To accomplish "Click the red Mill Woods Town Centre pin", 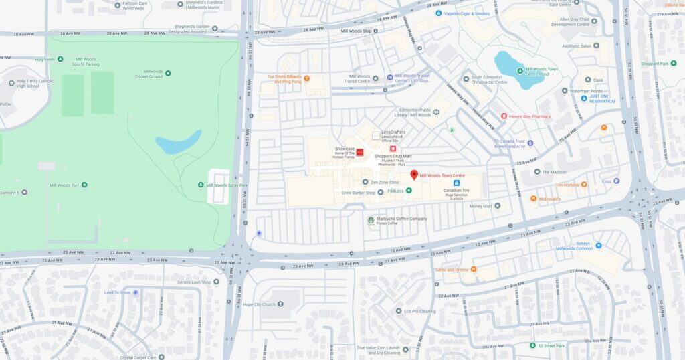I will [413, 175].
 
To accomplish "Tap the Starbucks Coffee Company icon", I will [371, 220].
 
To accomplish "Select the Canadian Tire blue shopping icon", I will [457, 183].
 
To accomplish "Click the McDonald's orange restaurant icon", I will [533, 199].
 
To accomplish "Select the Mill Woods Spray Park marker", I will [201, 185].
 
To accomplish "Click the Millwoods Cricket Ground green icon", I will [167, 73].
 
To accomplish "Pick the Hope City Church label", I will [259, 304].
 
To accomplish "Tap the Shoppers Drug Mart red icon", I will [393, 149].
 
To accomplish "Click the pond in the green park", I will [178, 143].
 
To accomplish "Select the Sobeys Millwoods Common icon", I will [598, 246].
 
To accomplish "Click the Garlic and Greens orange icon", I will [474, 269].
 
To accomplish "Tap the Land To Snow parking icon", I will [136, 292].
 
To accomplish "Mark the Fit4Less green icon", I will [409, 191].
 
